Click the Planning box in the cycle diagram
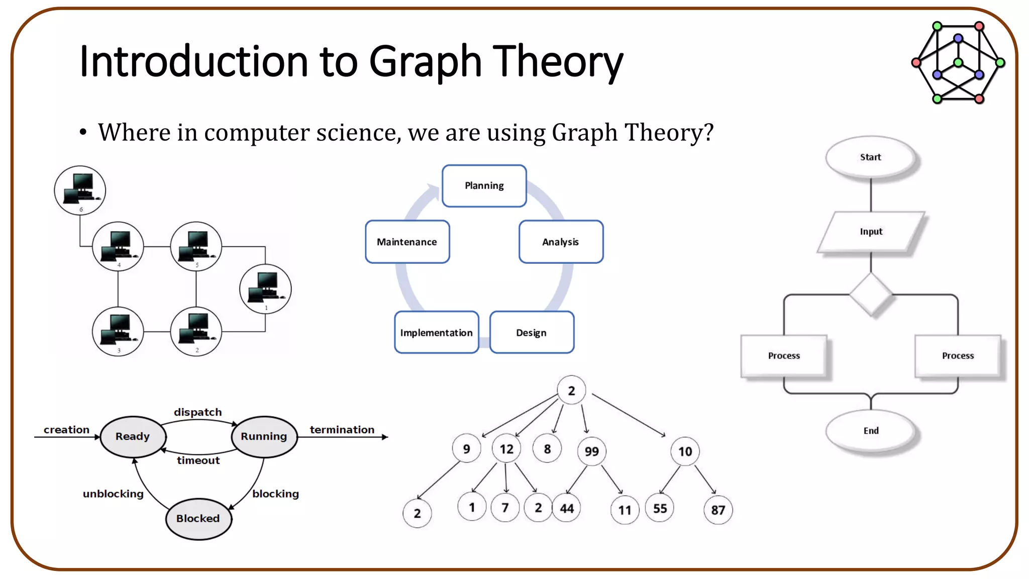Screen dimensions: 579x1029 (484, 186)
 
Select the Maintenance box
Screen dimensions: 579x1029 (407, 242)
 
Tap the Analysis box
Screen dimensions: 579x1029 (561, 242)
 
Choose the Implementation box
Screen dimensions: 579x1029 (436, 333)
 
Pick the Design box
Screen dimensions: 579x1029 (532, 333)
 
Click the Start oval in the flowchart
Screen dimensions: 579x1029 (870, 157)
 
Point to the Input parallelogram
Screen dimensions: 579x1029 (871, 232)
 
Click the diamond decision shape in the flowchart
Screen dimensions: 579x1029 (871, 295)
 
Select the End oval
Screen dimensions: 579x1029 (871, 431)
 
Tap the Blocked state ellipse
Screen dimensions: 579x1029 (198, 519)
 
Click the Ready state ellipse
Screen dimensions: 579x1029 (133, 436)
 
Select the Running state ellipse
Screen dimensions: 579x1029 (264, 436)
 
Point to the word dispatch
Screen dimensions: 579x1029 (197, 412)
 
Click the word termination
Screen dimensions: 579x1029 (342, 430)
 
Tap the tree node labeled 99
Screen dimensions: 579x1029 (591, 451)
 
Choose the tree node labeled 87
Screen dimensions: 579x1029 (718, 510)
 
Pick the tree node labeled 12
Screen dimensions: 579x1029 (506, 449)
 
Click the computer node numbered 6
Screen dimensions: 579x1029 (80, 190)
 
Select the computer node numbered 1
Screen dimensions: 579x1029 (265, 288)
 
